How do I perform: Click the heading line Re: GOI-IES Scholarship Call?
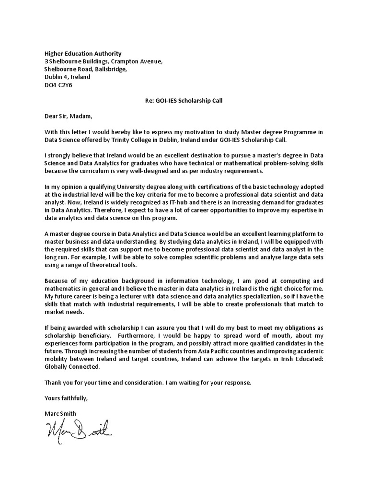[184, 101]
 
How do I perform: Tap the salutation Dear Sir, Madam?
[67, 117]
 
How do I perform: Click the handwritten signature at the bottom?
[79, 426]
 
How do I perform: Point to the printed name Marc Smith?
[60, 413]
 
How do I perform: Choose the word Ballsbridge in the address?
[111, 69]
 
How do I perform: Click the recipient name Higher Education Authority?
[83, 54]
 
